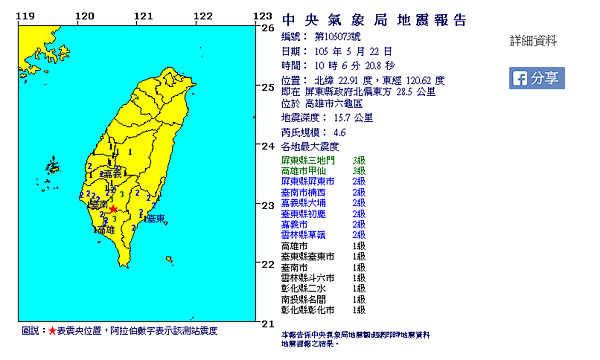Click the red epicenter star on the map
pos(113,209)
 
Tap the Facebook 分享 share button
pos(536,78)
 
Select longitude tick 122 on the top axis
pos(203,16)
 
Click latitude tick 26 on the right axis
pos(266,28)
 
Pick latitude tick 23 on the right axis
pos(266,205)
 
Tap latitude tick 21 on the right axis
pos(266,323)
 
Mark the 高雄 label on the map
pos(104,231)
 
